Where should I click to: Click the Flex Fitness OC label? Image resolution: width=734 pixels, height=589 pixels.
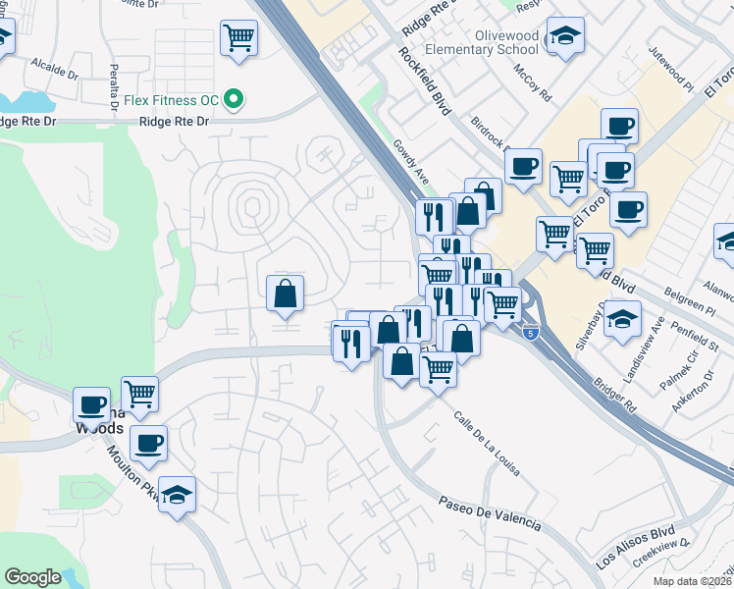pos(171,99)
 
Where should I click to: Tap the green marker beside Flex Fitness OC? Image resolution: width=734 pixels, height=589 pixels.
pos(234,99)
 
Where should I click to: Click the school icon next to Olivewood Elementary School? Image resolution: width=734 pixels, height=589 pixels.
pos(564,37)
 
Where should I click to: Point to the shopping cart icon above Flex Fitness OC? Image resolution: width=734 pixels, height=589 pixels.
pos(239,39)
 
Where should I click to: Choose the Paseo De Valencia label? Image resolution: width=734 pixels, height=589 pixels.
pos(492,513)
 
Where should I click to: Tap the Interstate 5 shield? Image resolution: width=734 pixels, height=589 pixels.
pos(530,333)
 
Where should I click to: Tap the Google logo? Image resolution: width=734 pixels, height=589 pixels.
pos(33,577)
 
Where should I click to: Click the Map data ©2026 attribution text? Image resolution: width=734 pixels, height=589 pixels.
pos(693,581)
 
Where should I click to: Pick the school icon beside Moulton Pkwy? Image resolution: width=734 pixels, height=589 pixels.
pos(178,495)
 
